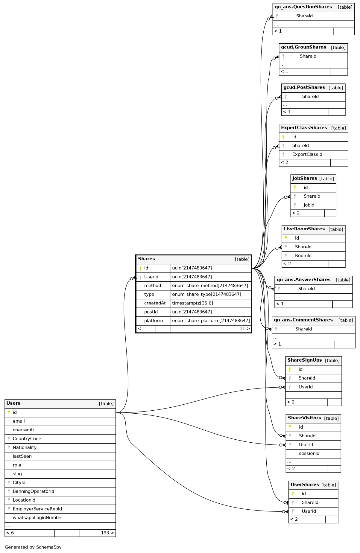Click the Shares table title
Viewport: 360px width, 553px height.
click(147, 259)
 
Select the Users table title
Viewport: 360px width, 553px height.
click(13, 403)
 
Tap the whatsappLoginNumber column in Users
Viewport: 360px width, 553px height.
click(38, 518)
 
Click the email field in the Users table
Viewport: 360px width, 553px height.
click(19, 421)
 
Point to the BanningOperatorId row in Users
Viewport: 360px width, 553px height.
click(33, 491)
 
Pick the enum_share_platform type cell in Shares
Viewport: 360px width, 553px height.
click(211, 321)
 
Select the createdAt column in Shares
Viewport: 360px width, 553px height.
click(155, 303)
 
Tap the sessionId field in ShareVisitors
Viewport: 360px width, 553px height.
click(309, 453)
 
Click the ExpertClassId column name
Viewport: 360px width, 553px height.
click(307, 154)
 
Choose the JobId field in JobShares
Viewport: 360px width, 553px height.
click(309, 205)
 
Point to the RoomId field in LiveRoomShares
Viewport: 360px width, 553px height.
click(303, 255)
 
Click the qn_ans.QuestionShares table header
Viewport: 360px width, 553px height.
click(303, 7)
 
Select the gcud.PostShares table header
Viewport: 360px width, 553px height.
click(304, 87)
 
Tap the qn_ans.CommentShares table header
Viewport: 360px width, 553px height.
click(303, 320)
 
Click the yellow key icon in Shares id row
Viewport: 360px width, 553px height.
click(140, 268)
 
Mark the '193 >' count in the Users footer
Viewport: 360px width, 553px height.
click(107, 533)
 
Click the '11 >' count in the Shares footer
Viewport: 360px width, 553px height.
click(244, 329)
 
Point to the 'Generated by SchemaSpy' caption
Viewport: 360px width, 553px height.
click(33, 547)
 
